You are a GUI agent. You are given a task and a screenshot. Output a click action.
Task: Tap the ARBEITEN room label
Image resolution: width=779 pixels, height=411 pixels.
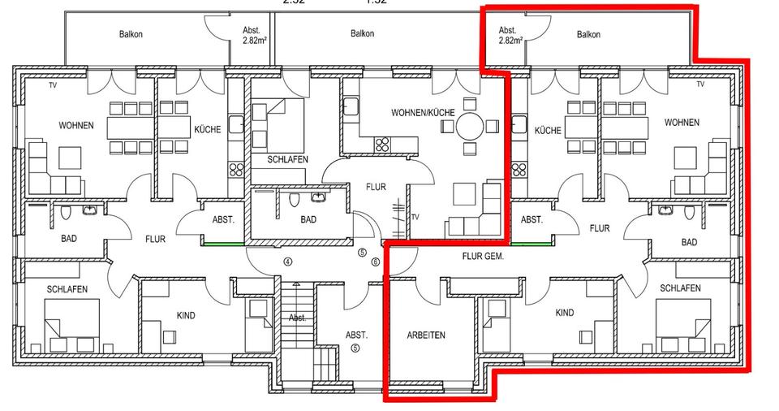point(424,335)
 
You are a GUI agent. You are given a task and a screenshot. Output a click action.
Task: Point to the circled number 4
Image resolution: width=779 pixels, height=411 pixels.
point(287,262)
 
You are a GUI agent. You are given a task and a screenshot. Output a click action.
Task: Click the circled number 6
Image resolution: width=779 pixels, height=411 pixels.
point(375,262)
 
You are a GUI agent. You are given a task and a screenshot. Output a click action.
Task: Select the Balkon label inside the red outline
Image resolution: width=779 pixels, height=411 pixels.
point(588,34)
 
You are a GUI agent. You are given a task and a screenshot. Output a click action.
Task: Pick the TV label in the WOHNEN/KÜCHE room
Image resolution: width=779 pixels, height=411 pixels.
point(417,218)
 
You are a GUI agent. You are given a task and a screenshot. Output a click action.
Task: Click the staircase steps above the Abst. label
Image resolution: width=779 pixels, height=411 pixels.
point(298,296)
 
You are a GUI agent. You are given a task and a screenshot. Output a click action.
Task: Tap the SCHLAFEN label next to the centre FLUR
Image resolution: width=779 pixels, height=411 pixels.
point(287,160)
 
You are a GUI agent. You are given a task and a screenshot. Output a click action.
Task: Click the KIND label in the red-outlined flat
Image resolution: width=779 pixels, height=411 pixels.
point(565,313)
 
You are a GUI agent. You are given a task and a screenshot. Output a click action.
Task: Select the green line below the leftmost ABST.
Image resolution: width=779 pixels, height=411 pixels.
point(222,243)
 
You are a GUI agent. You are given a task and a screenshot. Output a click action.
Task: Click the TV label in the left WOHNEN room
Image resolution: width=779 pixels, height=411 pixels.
point(53,84)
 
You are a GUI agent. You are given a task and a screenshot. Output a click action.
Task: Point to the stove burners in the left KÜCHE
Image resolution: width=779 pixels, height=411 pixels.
point(236,170)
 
